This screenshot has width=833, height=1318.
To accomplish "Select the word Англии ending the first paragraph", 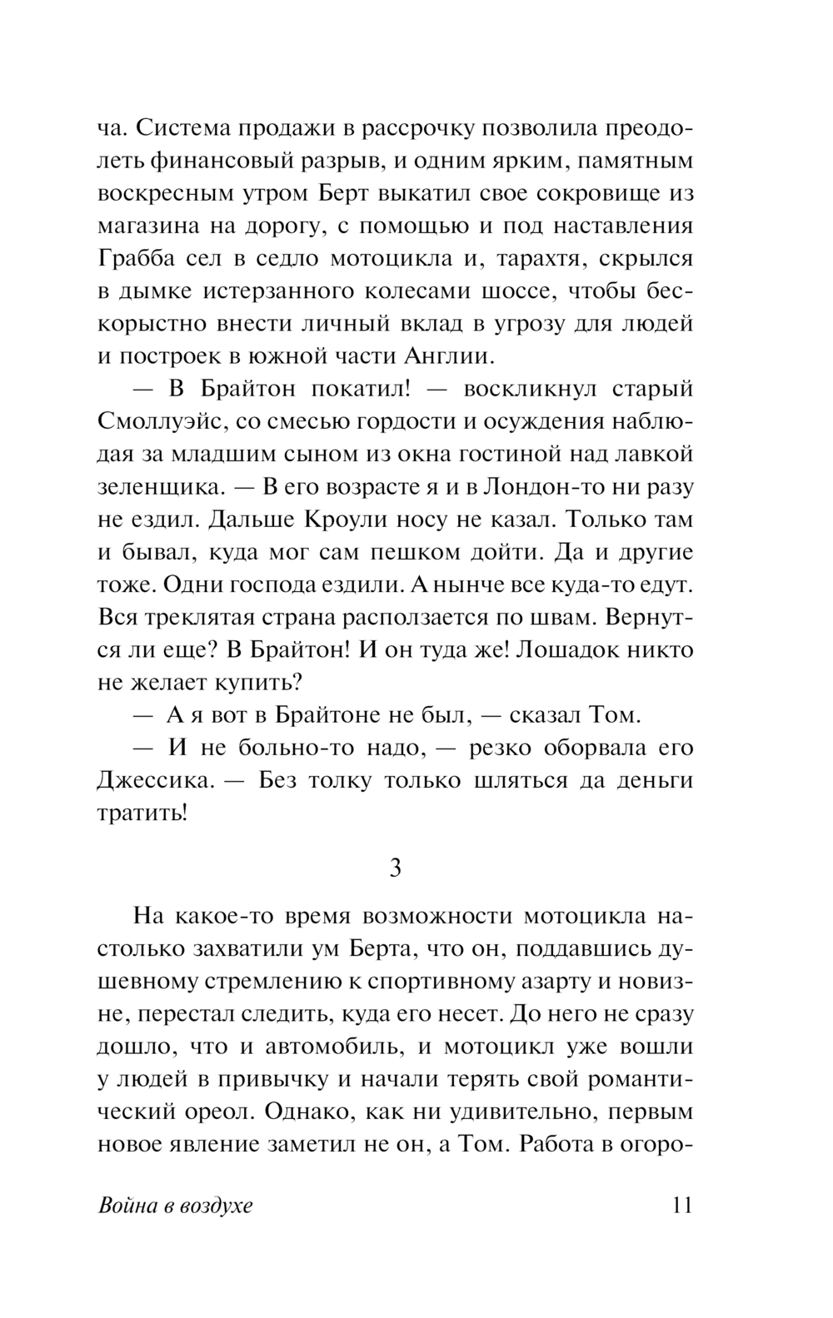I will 449,356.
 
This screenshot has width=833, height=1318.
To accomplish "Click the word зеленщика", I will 153,486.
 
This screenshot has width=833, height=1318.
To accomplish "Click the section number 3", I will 396,868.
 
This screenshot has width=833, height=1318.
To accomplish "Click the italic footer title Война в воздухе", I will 175,1206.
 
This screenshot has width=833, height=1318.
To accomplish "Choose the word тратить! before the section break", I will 142,813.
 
